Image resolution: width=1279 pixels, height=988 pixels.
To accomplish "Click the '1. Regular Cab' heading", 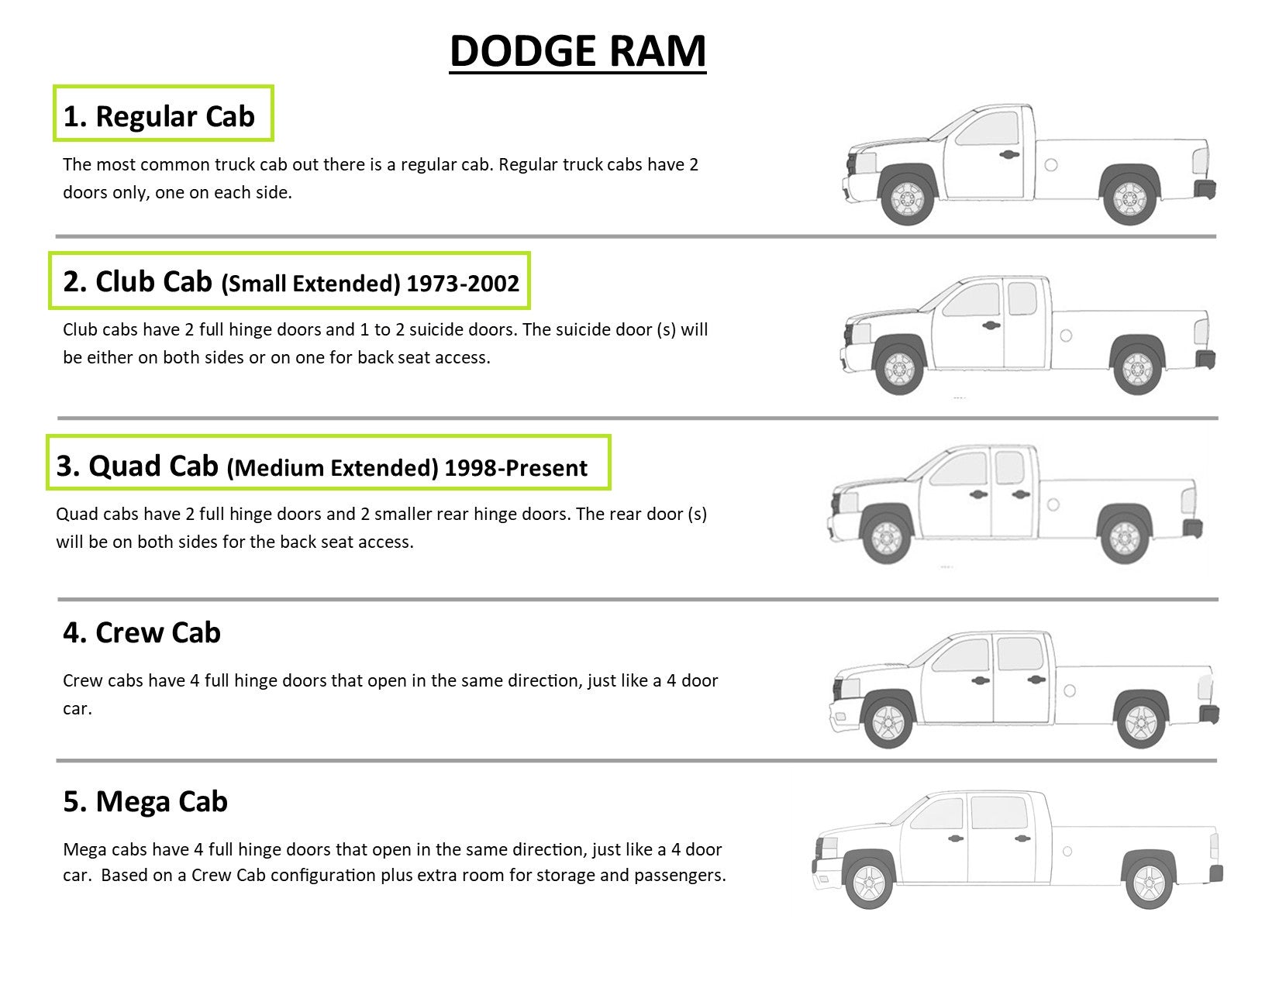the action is coord(159,116).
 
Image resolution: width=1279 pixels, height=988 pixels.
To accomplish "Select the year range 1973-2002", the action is coord(463,284).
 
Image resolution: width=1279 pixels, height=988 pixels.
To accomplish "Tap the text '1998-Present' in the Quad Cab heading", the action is coord(515,468).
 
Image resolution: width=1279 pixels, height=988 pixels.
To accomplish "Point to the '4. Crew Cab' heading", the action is coord(142,632).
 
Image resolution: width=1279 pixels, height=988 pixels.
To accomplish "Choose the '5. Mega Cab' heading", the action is coord(146,801).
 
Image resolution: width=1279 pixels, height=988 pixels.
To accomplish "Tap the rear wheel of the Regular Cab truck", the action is coord(1129,200).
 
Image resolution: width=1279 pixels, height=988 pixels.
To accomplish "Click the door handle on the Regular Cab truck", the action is coord(1008,155).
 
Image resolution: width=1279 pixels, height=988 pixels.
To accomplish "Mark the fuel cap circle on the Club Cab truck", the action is coord(1066,336).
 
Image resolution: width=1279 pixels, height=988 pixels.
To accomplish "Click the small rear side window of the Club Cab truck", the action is coord(1022,298).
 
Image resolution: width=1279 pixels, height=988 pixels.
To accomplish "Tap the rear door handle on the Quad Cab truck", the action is coord(1021,494).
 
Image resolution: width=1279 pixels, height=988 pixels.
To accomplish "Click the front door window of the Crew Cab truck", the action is coord(961,654).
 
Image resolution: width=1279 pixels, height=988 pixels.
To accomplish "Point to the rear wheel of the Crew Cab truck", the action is coord(1141,723).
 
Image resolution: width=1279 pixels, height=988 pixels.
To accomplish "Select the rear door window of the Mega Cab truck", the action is coord(999,813).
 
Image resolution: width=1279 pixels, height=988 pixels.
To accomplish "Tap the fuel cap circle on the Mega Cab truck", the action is coord(1067,851).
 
